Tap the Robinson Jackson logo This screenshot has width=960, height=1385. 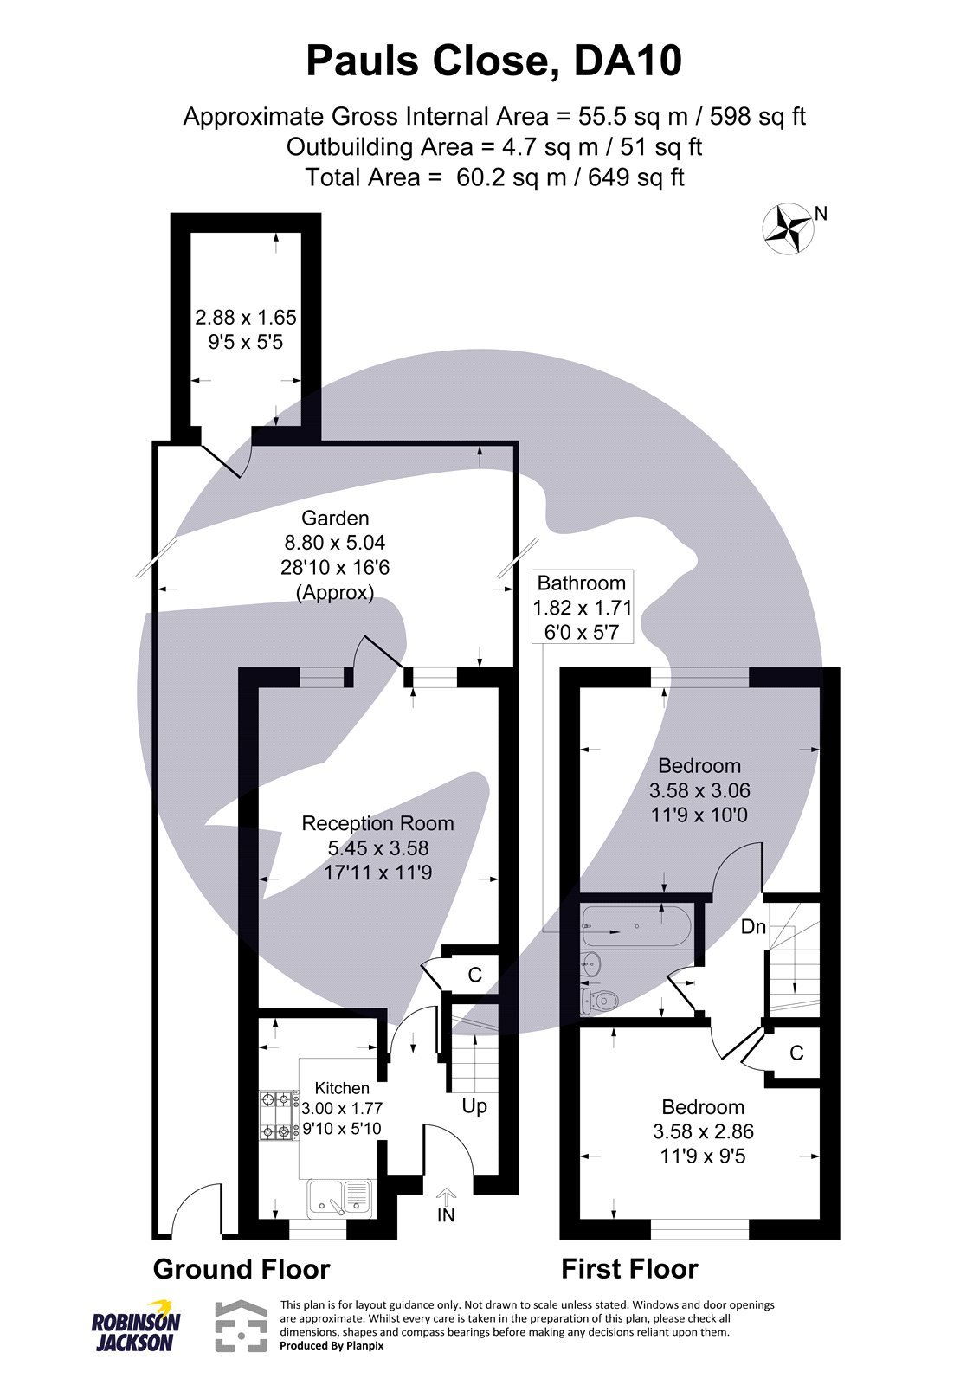tap(136, 1325)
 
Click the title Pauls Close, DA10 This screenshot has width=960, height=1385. tap(494, 62)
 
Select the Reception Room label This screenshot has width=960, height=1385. tap(377, 823)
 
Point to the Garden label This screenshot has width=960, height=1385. tap(335, 519)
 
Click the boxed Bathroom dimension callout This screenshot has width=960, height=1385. tap(583, 607)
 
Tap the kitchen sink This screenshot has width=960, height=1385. tap(339, 1199)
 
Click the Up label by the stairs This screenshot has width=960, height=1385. tap(474, 1106)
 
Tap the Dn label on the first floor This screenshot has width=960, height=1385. tap(753, 927)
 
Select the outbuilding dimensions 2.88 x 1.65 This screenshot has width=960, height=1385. tap(246, 318)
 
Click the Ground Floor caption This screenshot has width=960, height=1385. tap(242, 1269)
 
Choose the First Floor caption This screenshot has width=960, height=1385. tap(629, 1269)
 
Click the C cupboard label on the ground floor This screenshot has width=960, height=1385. tap(474, 975)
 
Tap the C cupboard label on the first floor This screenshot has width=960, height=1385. tap(796, 1053)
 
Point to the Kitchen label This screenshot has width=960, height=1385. tap(342, 1088)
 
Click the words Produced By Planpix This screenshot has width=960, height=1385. tap(332, 1346)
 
